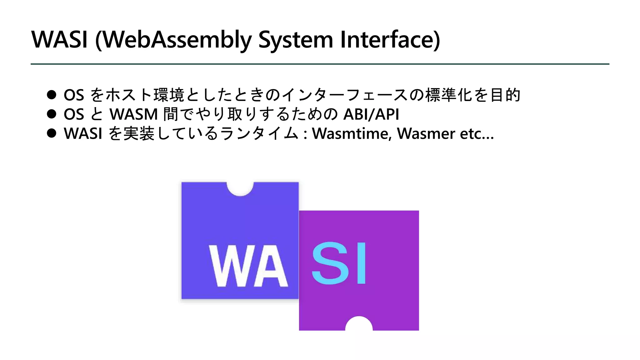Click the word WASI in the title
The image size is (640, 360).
pyautogui.click(x=59, y=40)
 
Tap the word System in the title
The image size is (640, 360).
pyautogui.click(x=296, y=40)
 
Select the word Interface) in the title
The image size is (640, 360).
pyautogui.click(x=390, y=40)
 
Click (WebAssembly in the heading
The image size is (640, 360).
pyautogui.click(x=173, y=40)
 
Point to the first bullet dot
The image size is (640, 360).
pyautogui.click(x=52, y=95)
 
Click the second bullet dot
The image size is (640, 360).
pyautogui.click(x=52, y=114)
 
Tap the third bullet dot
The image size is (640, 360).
pyautogui.click(x=52, y=133)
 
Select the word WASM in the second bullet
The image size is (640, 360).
pyautogui.click(x=133, y=114)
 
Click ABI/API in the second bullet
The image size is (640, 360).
pyautogui.click(x=371, y=114)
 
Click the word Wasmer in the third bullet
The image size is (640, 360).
pyautogui.click(x=426, y=133)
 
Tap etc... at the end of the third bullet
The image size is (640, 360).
pyautogui.click(x=477, y=133)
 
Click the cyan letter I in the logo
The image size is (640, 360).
pyautogui.click(x=361, y=263)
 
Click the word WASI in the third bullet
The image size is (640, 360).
pyautogui.click(x=83, y=133)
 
